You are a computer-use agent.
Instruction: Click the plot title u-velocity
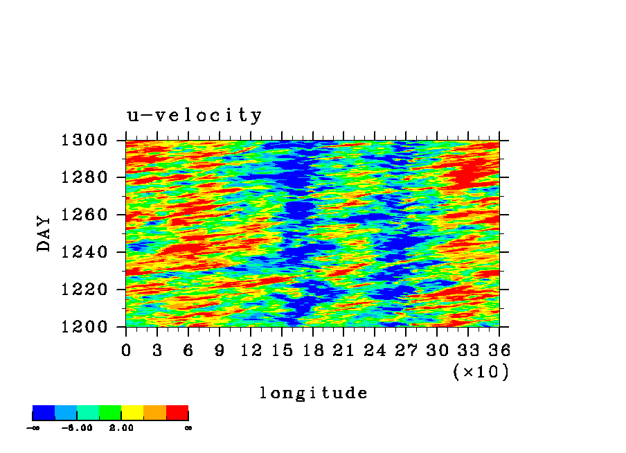pyautogui.click(x=195, y=116)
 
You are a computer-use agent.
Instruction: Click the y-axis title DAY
pyautogui.click(x=44, y=233)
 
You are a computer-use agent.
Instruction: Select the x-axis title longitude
pyautogui.click(x=314, y=393)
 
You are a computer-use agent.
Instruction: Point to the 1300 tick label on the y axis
pyautogui.click(x=84, y=140)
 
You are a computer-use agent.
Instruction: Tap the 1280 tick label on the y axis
pyautogui.click(x=84, y=177)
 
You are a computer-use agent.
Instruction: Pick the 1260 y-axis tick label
pyautogui.click(x=84, y=215)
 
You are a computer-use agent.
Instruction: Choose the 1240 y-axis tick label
pyautogui.click(x=84, y=252)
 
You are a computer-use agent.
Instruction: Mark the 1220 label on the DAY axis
pyautogui.click(x=84, y=290)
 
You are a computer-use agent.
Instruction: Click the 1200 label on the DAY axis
pyautogui.click(x=84, y=327)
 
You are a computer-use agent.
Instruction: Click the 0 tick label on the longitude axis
pyautogui.click(x=126, y=350)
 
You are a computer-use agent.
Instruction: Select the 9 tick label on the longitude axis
pyautogui.click(x=220, y=350)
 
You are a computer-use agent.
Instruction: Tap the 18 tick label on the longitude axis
pyautogui.click(x=312, y=350)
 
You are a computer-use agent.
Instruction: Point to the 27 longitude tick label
pyautogui.click(x=406, y=350)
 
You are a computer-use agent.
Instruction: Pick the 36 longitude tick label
pyautogui.click(x=499, y=350)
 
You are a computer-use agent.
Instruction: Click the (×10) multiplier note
pyautogui.click(x=481, y=372)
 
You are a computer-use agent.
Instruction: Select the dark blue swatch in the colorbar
pyautogui.click(x=44, y=413)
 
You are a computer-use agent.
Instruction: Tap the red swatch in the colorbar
pyautogui.click(x=177, y=413)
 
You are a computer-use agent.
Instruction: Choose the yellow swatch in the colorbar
pyautogui.click(x=132, y=413)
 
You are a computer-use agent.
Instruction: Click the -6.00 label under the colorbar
pyautogui.click(x=77, y=428)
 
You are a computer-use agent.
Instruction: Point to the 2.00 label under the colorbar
pyautogui.click(x=121, y=428)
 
